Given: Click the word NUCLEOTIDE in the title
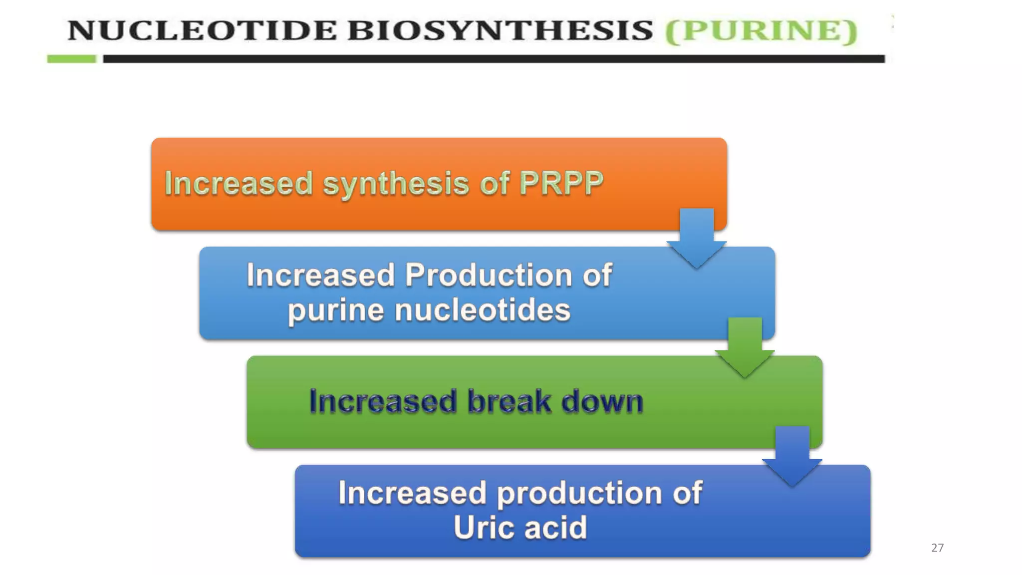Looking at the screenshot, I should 202,30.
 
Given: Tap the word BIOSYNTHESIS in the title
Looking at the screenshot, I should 500,30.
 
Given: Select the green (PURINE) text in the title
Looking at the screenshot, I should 762,30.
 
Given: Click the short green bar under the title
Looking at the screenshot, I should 71,59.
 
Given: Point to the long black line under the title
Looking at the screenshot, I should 494,59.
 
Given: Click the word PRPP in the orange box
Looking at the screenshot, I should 561,183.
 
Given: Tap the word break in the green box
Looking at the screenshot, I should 509,401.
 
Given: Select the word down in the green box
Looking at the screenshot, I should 602,401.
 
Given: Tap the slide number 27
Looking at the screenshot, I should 937,548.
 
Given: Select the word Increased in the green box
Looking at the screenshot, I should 383,401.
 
